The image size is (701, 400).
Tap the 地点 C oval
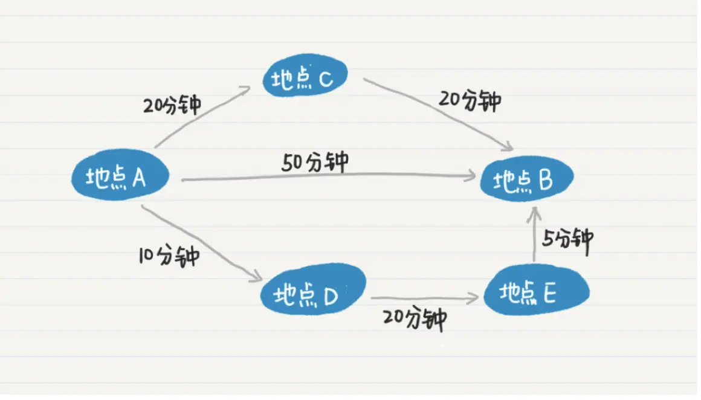305,79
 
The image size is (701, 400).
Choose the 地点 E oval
535,292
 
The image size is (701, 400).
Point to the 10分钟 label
168,256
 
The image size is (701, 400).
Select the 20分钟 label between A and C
172,104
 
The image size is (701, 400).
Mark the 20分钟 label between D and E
416,319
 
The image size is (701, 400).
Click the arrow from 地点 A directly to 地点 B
326,176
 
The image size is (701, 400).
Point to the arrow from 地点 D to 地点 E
423,298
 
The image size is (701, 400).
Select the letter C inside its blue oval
324,79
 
